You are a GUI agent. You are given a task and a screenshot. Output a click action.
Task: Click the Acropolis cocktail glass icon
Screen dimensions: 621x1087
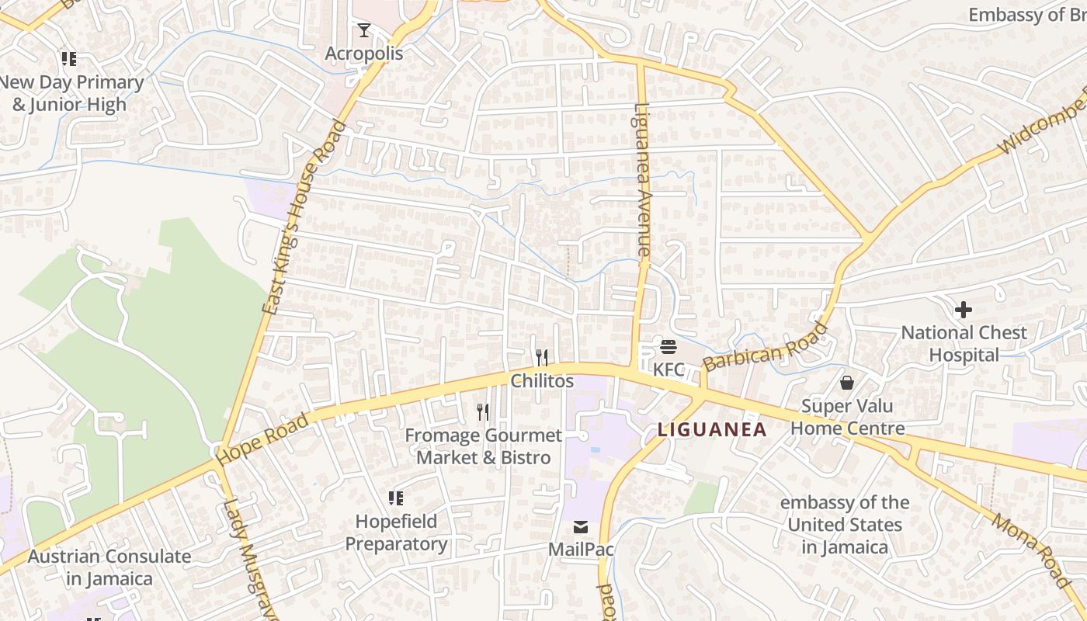click(x=363, y=30)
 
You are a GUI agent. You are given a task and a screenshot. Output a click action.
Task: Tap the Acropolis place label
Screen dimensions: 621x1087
click(x=364, y=54)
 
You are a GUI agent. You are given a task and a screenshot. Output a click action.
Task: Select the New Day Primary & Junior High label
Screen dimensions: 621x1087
click(x=71, y=93)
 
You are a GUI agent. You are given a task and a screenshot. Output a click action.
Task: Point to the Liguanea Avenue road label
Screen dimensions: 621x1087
click(x=642, y=180)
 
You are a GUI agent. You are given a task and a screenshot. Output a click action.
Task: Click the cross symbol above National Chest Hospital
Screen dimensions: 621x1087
click(x=964, y=310)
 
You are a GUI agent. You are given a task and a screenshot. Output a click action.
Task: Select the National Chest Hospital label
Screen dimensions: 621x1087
click(x=964, y=344)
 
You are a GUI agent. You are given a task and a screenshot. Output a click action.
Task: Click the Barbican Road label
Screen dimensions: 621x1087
click(x=765, y=347)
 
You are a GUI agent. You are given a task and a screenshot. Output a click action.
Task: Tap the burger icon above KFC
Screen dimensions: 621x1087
click(x=669, y=346)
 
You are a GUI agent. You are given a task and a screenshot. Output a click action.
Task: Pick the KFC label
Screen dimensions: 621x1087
click(x=669, y=369)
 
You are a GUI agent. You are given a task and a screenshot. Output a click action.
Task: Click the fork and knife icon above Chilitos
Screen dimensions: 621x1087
click(x=542, y=357)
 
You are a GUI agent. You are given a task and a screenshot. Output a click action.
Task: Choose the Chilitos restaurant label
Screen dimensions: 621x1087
click(x=542, y=381)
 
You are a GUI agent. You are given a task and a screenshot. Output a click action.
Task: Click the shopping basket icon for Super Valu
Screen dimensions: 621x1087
click(x=847, y=383)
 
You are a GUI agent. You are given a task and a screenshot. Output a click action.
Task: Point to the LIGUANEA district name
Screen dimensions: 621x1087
click(x=712, y=429)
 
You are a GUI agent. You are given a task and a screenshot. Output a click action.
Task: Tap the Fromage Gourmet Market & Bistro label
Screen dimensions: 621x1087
click(x=483, y=446)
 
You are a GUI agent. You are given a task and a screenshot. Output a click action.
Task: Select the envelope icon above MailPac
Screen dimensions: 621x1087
click(x=581, y=527)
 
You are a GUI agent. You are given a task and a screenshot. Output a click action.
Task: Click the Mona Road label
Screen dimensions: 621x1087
click(x=1030, y=550)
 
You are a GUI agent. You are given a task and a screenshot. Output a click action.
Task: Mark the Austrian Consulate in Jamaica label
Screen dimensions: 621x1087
click(x=109, y=567)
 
